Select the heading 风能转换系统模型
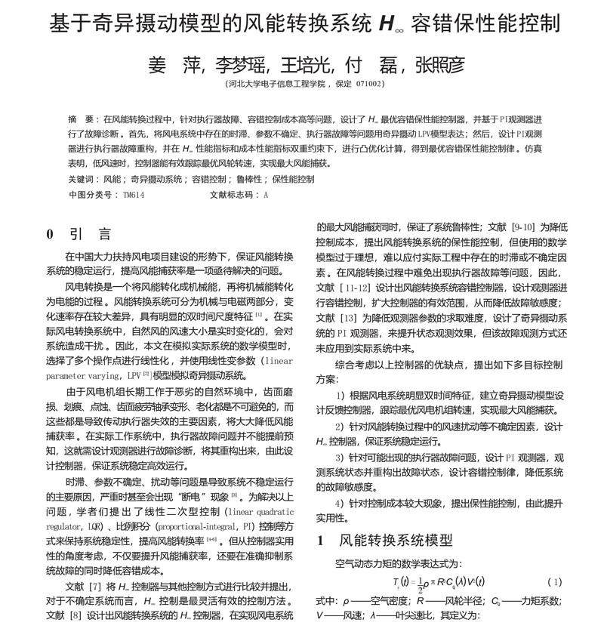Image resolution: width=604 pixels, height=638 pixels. click(x=396, y=540)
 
